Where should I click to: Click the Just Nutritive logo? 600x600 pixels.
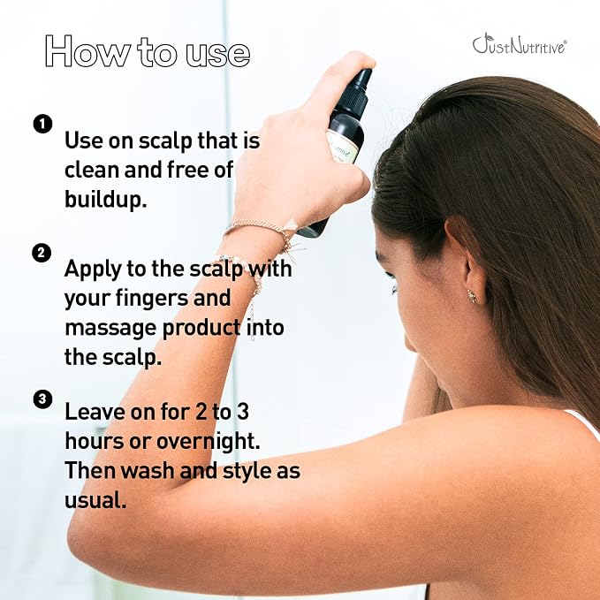(x=520, y=43)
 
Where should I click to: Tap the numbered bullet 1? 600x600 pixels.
(x=42, y=124)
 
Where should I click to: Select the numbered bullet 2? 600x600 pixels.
(x=42, y=253)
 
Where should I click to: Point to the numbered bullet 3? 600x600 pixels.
(x=42, y=399)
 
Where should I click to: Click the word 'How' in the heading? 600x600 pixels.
(x=87, y=51)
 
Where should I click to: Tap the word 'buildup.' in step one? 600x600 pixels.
(x=106, y=199)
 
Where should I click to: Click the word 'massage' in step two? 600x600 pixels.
(x=110, y=329)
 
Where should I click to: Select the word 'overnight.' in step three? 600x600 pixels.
(x=209, y=441)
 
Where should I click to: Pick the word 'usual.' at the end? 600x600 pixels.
(x=95, y=500)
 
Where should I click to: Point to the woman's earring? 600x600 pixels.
(x=472, y=295)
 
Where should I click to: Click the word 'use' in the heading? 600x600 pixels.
(x=218, y=55)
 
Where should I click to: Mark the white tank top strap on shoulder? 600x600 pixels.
(x=584, y=423)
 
